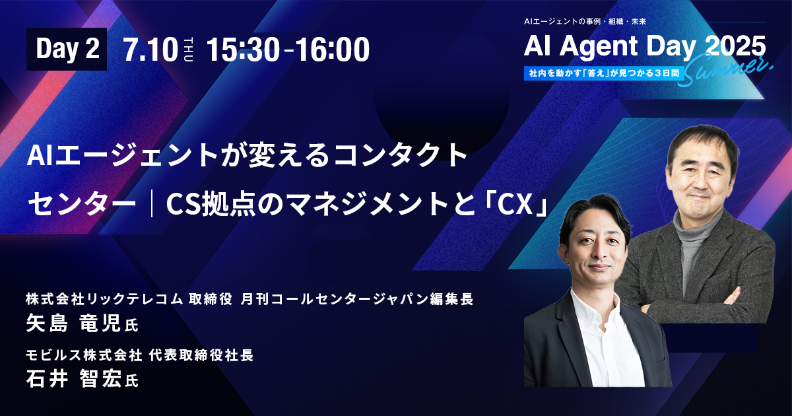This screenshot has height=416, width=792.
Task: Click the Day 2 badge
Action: (67, 49)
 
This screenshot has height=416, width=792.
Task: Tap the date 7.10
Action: (150, 50)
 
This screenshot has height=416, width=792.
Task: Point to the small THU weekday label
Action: (189, 50)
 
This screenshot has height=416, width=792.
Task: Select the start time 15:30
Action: (243, 50)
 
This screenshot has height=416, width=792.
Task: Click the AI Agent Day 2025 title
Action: (645, 47)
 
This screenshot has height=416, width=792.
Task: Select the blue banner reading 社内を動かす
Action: (604, 73)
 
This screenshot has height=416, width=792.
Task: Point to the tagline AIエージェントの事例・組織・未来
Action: (585, 22)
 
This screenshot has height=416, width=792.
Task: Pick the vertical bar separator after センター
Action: (151, 203)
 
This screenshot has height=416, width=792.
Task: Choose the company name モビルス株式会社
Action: (84, 355)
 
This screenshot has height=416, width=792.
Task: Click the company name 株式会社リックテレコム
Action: (104, 299)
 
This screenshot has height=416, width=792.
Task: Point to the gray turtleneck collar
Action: (696, 226)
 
